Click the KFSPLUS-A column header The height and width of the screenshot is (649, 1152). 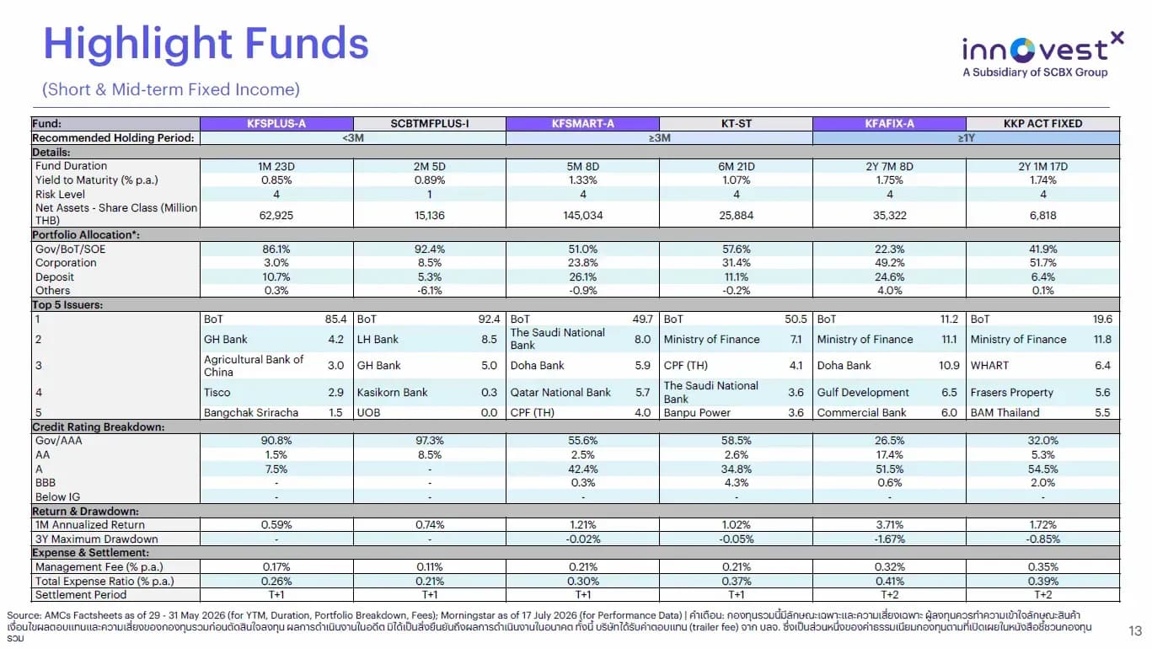tap(276, 123)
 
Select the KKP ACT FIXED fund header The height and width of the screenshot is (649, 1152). tap(1042, 123)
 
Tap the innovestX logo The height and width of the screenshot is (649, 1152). tap(1042, 55)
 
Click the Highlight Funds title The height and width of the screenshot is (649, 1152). tap(206, 44)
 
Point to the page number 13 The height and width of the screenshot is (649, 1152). tap(1135, 630)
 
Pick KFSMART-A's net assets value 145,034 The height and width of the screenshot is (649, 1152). tap(582, 215)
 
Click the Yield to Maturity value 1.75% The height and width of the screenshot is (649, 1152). tap(889, 180)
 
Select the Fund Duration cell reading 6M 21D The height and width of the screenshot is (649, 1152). tap(736, 167)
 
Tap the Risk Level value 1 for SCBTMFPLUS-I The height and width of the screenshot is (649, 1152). tap(430, 195)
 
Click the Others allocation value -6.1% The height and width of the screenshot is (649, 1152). tap(430, 290)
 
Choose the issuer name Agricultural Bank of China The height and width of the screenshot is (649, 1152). tap(253, 366)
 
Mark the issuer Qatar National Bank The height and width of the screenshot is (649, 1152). tap(560, 393)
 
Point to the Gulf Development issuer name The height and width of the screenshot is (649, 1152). tap(862, 393)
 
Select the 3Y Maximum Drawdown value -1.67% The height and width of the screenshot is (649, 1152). tap(889, 539)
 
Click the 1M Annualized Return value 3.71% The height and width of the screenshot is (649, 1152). tap(889, 524)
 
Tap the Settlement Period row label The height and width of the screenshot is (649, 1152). tap(81, 594)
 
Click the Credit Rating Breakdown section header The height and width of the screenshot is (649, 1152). tap(99, 426)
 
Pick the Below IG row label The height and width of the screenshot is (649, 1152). tap(57, 496)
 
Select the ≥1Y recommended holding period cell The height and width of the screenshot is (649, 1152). tap(966, 138)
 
